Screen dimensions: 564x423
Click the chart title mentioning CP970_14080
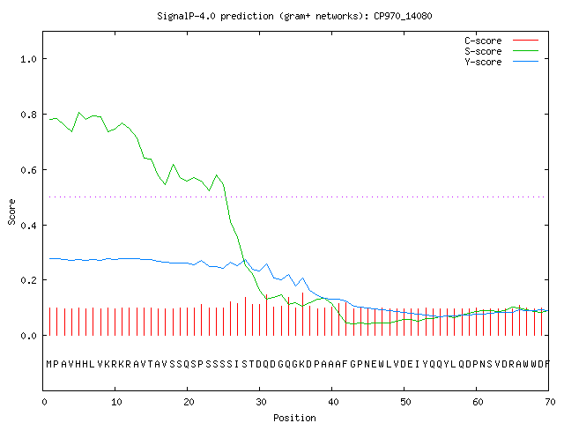[294, 16]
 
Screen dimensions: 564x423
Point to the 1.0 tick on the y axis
[28, 59]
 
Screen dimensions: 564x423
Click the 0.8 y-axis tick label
[28, 115]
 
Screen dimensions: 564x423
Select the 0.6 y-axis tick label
[28, 170]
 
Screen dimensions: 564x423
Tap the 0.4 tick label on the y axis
[28, 226]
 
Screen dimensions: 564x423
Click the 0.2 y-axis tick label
[28, 280]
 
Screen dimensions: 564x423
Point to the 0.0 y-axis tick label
[28, 336]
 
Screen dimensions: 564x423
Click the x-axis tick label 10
[116, 402]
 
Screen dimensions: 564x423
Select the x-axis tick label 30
[261, 402]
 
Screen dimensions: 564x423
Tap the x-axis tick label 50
[405, 402]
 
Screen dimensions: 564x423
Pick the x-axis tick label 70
[550, 402]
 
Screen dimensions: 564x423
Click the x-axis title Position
[294, 418]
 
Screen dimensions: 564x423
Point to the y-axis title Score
[11, 211]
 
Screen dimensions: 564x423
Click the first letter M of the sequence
[49, 364]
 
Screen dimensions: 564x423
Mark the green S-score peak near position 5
[79, 113]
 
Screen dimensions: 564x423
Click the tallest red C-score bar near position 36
[303, 314]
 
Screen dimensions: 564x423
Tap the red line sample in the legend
[525, 41]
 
